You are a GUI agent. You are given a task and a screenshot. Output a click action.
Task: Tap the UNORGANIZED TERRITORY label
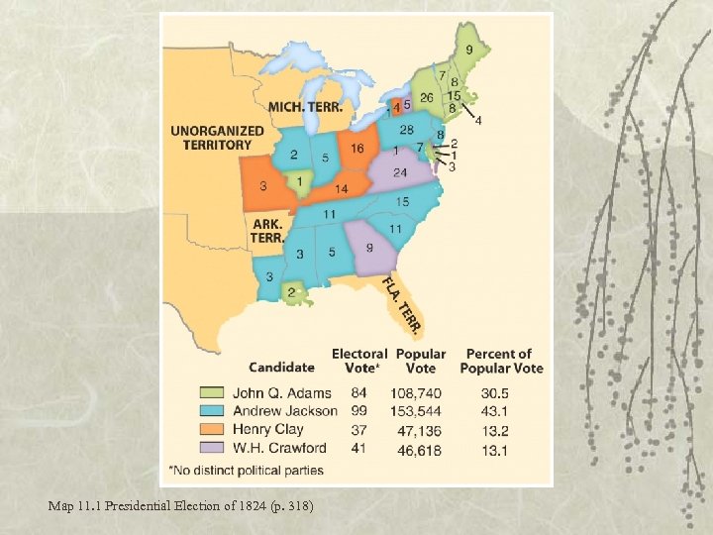point(217,138)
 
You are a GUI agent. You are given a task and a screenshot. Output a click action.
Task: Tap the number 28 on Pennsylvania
point(406,130)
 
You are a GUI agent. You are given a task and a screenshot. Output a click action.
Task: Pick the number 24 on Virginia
point(400,172)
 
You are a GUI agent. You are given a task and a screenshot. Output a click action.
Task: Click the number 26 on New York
point(427,97)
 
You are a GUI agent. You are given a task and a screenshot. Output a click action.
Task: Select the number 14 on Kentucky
point(340,188)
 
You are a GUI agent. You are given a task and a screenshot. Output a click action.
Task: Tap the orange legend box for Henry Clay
point(213,430)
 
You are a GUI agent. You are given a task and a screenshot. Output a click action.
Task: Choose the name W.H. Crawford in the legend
point(279,448)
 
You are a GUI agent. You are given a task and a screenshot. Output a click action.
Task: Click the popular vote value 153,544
point(419,411)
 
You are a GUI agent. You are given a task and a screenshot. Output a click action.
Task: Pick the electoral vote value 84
point(358,393)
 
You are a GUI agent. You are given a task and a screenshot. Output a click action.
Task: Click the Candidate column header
point(282,368)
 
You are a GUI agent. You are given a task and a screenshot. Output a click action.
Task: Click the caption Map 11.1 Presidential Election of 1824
point(180,506)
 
